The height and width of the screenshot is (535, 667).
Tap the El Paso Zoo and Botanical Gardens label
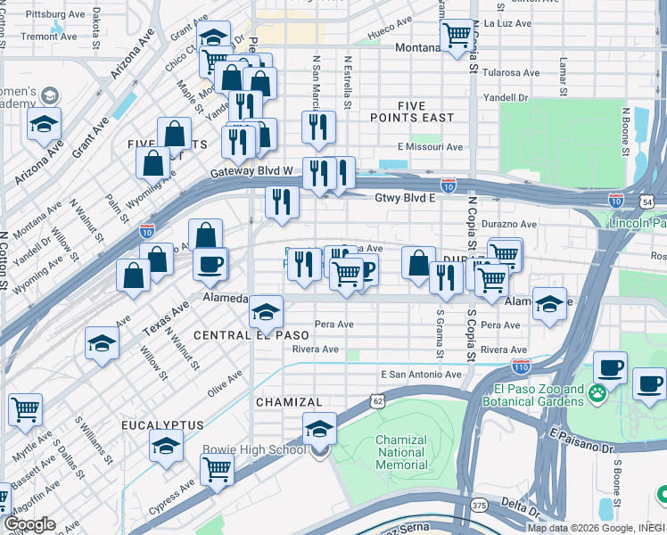pyautogui.click(x=536, y=396)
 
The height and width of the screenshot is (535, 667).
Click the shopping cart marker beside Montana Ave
pyautogui.click(x=457, y=37)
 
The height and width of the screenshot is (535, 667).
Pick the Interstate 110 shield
pyautogui.click(x=522, y=366)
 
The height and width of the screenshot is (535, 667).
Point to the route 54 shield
pyautogui.click(x=657, y=203)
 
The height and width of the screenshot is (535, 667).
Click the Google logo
pyautogui.click(x=30, y=524)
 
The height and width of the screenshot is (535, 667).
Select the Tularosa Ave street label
pyautogui.click(x=506, y=73)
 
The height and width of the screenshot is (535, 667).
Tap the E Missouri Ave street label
pyautogui.click(x=431, y=147)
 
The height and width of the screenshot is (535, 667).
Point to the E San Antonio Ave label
pyautogui.click(x=421, y=374)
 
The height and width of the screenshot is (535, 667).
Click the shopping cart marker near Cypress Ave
pyautogui.click(x=217, y=469)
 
